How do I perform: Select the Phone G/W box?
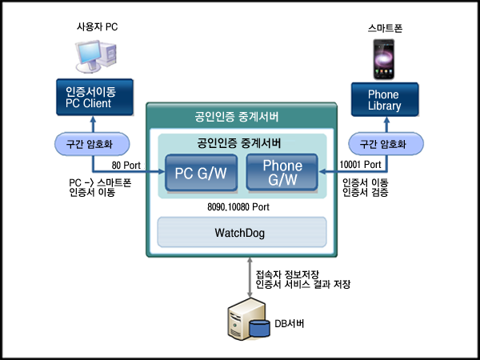pyautogui.click(x=282, y=174)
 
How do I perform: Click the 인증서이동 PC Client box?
pyautogui.click(x=91, y=98)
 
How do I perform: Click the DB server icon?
pyautogui.click(x=246, y=320)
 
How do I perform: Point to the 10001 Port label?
pyautogui.click(x=362, y=166)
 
